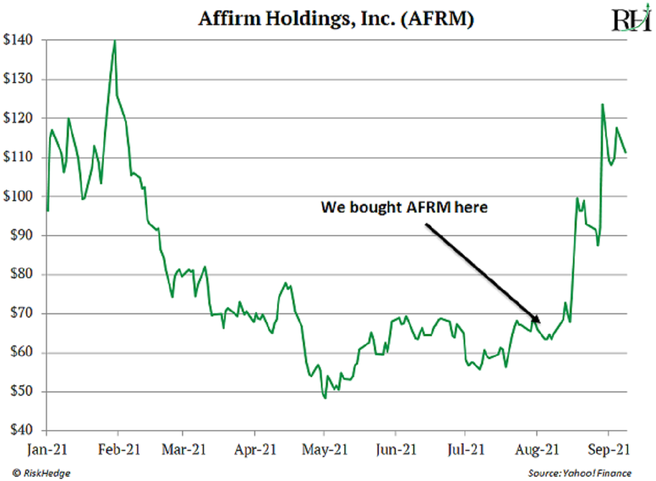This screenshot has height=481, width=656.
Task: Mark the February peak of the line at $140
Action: [x=115, y=41]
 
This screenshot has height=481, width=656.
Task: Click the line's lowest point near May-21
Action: [x=325, y=398]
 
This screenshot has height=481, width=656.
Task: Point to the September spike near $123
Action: [x=602, y=104]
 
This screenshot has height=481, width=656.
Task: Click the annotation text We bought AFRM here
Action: [x=403, y=208]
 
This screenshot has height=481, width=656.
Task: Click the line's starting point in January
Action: [x=48, y=210]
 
